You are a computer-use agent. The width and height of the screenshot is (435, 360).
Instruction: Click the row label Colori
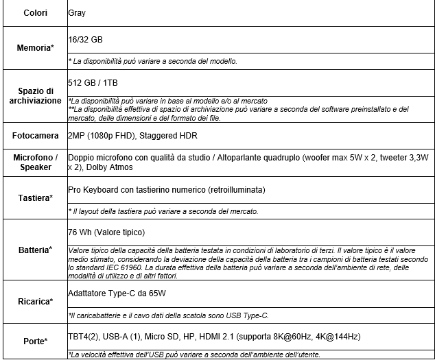[x=35, y=13]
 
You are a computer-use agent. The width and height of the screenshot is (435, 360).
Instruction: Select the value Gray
[x=77, y=13]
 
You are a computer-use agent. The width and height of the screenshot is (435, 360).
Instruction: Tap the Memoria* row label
[x=35, y=48]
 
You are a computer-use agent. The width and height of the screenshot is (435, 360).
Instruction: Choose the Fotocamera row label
[x=35, y=136]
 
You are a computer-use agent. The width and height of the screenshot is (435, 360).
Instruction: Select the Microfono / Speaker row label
[x=35, y=163]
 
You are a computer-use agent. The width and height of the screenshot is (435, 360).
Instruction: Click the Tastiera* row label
[x=35, y=198]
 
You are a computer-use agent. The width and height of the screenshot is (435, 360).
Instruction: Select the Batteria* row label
[x=35, y=250]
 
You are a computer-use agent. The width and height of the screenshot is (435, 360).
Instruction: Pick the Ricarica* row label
[x=35, y=301]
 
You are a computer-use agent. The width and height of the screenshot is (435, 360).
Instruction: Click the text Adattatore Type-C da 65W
[x=117, y=293]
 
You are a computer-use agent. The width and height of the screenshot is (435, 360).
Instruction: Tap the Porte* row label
[x=35, y=341]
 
